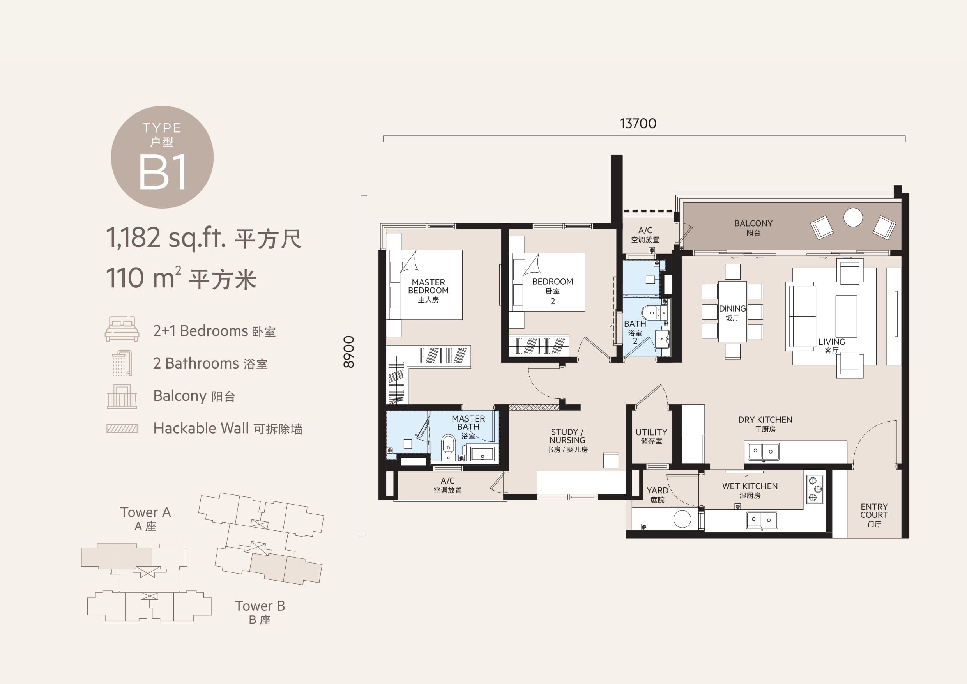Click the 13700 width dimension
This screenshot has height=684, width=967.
coord(638,124)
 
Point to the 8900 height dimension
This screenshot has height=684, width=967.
coord(349,352)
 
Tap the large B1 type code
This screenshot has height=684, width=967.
coord(163,172)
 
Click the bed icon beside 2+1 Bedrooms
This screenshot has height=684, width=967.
coord(122,329)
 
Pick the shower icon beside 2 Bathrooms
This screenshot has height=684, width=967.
coord(122,363)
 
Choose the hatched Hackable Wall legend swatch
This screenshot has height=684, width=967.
coord(122,429)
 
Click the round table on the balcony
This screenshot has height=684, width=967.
coord(853,218)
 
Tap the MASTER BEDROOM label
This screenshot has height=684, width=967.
coord(428,286)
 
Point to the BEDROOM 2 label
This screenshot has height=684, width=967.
coord(553,291)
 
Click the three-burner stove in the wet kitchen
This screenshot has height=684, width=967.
coord(815,489)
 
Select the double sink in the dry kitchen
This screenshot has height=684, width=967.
coord(763,451)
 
